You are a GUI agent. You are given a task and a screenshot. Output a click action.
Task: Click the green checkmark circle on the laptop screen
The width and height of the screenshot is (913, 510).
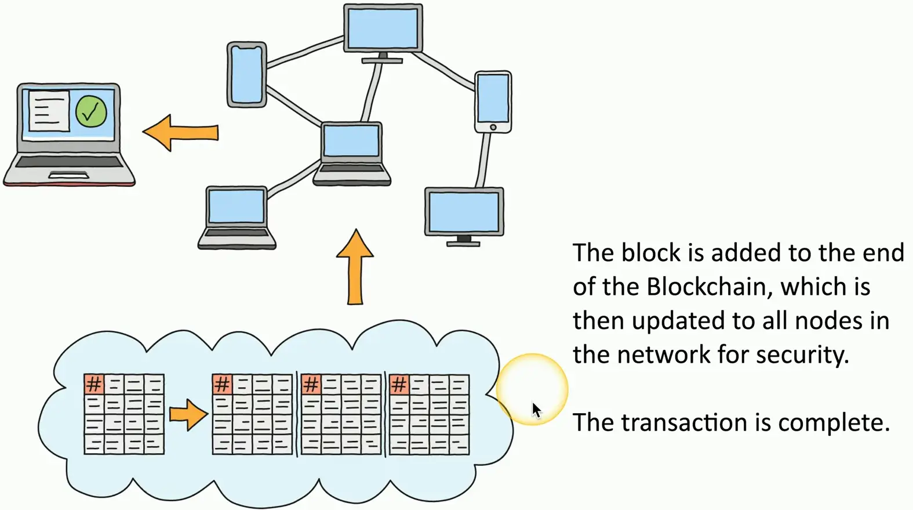(x=91, y=112)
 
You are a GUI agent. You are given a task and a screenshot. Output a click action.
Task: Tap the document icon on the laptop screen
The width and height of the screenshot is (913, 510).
(x=49, y=110)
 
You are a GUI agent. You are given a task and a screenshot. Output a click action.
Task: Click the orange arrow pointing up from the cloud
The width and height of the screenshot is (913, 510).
(x=355, y=266)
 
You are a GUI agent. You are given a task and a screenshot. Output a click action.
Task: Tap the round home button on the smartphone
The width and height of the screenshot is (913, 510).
(x=493, y=127)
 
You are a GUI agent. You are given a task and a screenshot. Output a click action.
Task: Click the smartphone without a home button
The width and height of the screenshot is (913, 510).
(x=247, y=74)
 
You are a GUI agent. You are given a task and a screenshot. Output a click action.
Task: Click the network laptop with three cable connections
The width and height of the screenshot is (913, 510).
(x=352, y=152)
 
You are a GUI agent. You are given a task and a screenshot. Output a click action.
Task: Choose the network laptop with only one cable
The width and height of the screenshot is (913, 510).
(x=237, y=216)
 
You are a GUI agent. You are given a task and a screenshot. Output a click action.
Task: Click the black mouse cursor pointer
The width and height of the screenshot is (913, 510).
(x=536, y=410)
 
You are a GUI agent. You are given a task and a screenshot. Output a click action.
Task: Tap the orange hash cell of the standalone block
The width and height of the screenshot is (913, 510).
(x=94, y=384)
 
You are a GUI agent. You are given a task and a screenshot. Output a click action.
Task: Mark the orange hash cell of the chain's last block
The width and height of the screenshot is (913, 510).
(x=399, y=384)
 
